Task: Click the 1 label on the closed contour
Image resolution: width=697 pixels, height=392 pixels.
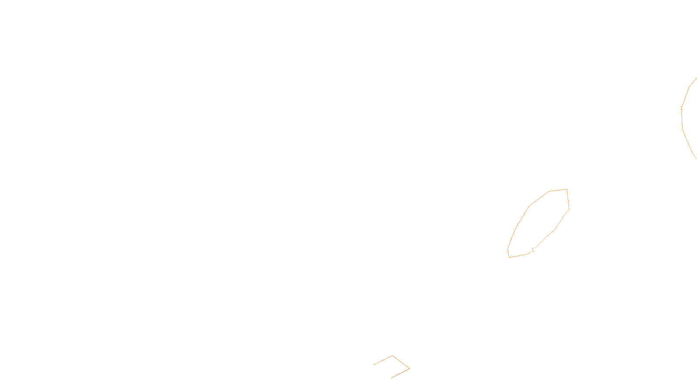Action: click(x=533, y=250)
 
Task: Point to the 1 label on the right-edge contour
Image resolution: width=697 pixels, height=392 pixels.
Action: click(x=681, y=108)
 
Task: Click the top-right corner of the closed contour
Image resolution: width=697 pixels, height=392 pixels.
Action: click(x=567, y=189)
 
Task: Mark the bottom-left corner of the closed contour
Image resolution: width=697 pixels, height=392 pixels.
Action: click(x=509, y=257)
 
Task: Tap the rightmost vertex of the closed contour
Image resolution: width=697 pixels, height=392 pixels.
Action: click(x=569, y=210)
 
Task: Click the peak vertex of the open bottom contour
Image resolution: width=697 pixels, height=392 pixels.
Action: click(x=392, y=356)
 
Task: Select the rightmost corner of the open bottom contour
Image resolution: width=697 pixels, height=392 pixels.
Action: click(x=409, y=368)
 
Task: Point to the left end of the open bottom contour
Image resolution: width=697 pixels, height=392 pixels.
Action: click(x=374, y=365)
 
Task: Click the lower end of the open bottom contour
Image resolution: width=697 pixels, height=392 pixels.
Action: click(x=392, y=377)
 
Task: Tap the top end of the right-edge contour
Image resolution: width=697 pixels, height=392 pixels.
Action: click(x=696, y=78)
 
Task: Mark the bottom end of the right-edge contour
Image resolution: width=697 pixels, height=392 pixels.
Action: click(x=696, y=158)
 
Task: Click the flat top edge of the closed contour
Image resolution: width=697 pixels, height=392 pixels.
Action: click(x=558, y=190)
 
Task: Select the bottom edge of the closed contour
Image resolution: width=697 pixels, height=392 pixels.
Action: click(x=518, y=256)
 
